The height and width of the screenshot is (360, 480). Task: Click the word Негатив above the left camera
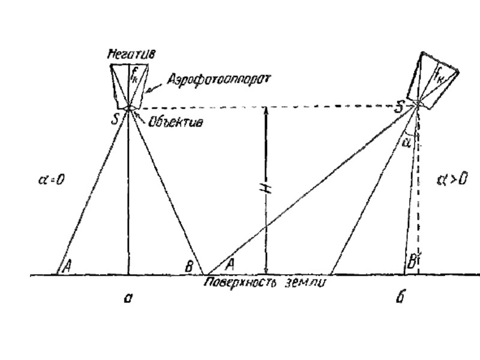coord(132,54)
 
